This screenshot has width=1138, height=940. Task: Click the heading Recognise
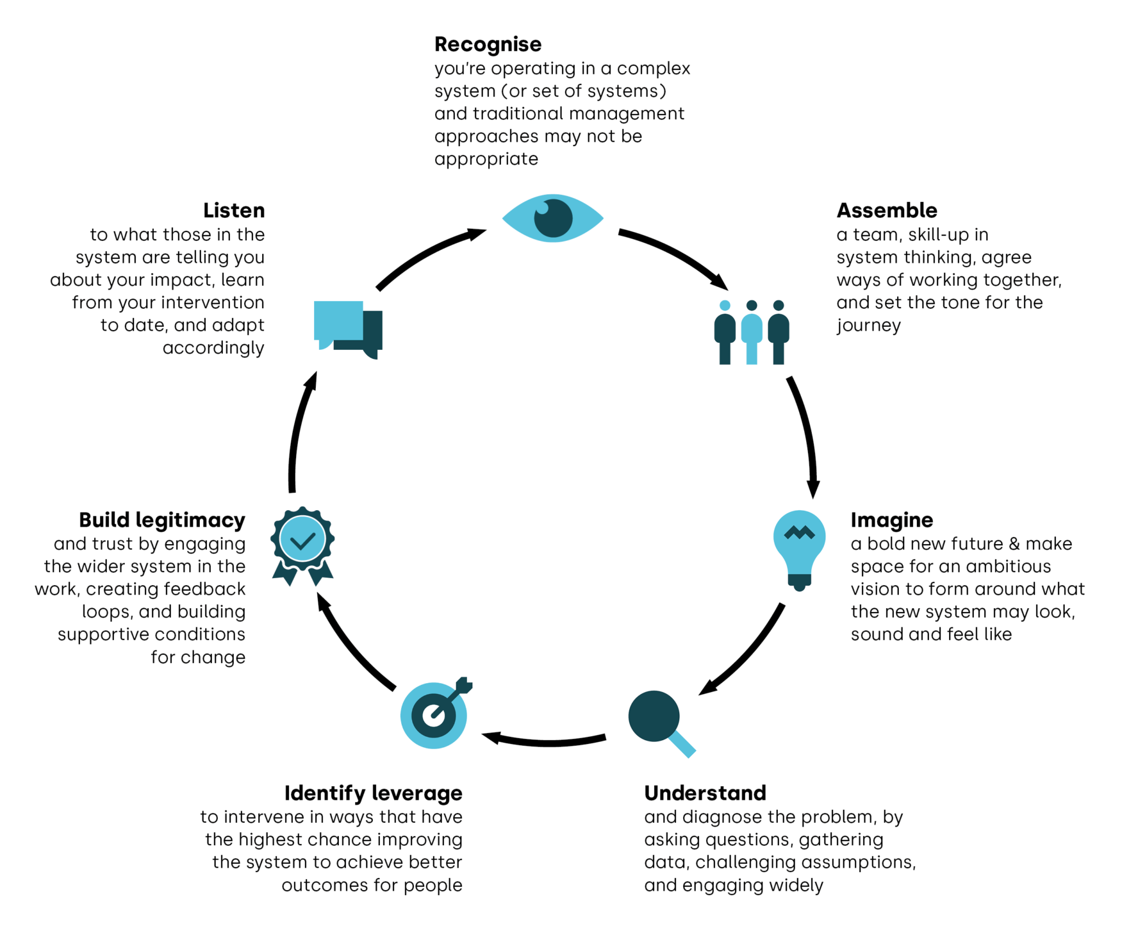click(488, 44)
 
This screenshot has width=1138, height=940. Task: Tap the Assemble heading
click(886, 210)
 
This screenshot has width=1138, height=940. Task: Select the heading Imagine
click(891, 520)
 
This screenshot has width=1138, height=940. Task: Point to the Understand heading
click(705, 793)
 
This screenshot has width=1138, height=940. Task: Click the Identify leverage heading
click(373, 793)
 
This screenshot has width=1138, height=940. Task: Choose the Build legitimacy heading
click(162, 520)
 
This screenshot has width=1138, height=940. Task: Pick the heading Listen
click(234, 210)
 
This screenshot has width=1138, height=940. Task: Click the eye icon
click(552, 218)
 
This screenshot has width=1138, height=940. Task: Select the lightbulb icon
click(799, 548)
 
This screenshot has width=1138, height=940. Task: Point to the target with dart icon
click(434, 715)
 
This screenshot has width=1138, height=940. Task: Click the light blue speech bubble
click(338, 322)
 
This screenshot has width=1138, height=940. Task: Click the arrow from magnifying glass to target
click(545, 742)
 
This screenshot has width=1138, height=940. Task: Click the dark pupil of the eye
click(553, 219)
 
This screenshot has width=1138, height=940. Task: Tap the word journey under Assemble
click(868, 326)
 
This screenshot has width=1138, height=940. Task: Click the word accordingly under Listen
click(213, 348)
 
